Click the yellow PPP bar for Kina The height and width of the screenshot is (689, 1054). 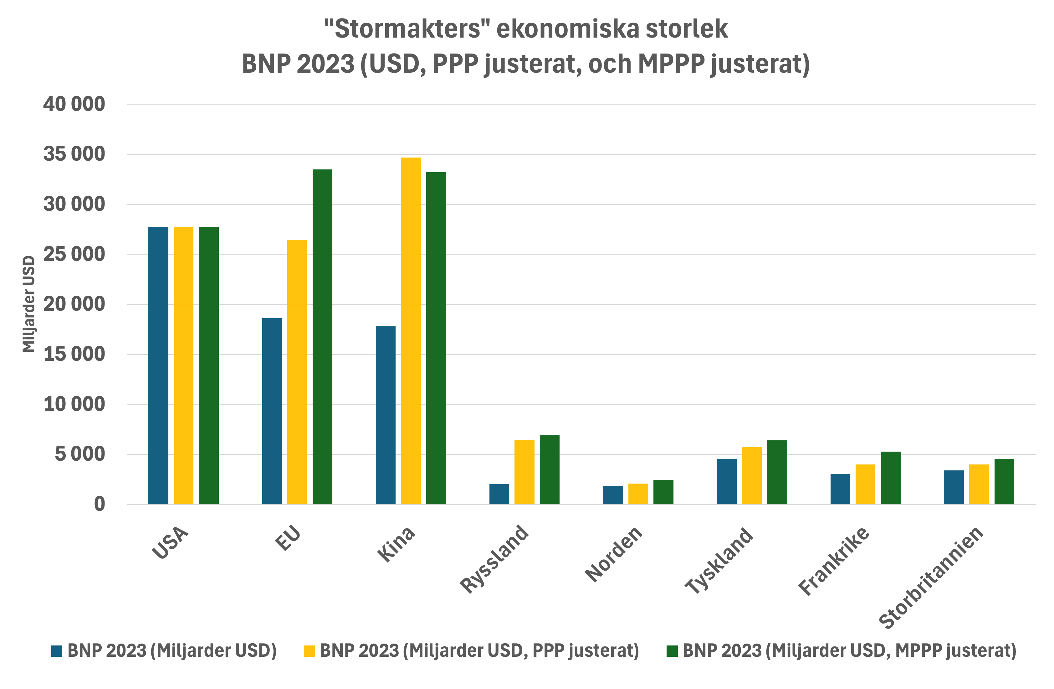coord(411,330)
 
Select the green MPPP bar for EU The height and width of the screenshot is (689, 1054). coord(322,337)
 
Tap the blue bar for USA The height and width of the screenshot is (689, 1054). coord(158,365)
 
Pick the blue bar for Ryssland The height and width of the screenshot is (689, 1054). coord(499,494)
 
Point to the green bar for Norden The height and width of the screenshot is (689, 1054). coord(663,492)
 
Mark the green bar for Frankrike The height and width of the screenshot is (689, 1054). coord(891,478)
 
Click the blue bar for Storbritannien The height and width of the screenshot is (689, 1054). coord(954,487)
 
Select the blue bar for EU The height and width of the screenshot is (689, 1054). coord(272,411)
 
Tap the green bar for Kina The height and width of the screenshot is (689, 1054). coord(436,338)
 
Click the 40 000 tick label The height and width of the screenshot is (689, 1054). coord(74,104)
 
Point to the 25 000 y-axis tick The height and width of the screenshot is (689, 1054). coord(74,254)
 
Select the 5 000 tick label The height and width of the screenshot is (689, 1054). coord(80,454)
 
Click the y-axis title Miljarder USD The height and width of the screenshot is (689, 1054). coord(29,304)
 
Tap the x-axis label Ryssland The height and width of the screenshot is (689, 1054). coord(494,559)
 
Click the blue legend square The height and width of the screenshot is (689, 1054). coord(57,651)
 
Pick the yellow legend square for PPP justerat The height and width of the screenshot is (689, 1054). coord(309,651)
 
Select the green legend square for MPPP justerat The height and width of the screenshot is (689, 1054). coord(672,651)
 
